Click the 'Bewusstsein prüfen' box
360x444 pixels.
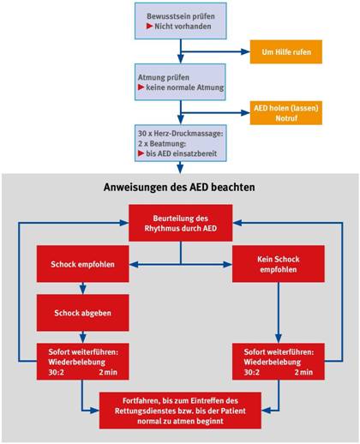pos(181,21)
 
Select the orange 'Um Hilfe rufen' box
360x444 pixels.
pos(286,51)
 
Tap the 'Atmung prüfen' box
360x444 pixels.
pos(180,82)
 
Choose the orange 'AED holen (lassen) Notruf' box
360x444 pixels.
pos(286,113)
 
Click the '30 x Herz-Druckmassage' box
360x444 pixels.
pos(181,143)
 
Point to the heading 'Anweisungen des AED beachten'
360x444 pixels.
pos(179,187)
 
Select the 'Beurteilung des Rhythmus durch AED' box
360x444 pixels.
pos(180,223)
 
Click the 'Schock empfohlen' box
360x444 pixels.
pos(82,264)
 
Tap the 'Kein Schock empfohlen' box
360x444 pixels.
pos(279,264)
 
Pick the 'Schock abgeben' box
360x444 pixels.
pos(82,313)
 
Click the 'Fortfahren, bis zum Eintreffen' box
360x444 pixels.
pos(180,411)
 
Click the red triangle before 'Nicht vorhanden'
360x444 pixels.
pos(149,26)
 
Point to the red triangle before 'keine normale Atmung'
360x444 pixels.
pos(141,87)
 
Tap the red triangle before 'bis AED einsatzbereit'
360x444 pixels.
pos(141,153)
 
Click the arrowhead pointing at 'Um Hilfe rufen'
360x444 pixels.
pos(245,51)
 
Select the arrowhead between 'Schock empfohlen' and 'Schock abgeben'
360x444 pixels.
pos(82,290)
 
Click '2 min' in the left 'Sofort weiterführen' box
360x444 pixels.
pos(108,372)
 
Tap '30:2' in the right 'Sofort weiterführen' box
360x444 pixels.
pos(252,372)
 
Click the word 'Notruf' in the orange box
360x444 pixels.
pos(286,118)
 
